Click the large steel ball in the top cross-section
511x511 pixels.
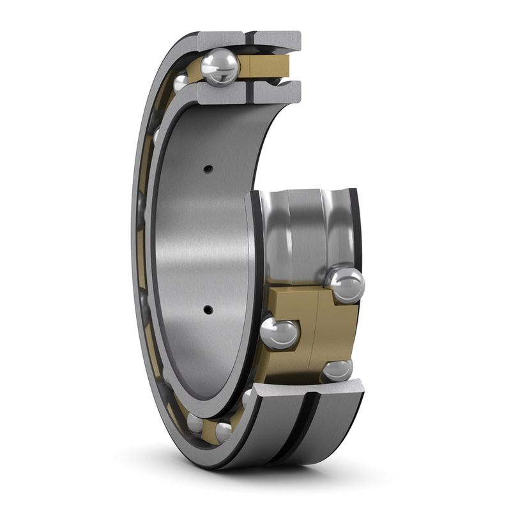[x=220, y=66]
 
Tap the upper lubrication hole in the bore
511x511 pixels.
[x=208, y=169]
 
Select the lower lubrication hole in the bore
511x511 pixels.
[x=208, y=310]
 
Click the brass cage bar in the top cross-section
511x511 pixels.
[x=264, y=66]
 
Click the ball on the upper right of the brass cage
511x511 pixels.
[x=345, y=285]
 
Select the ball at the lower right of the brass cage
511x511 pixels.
[x=337, y=370]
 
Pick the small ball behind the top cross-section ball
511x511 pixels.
[x=181, y=82]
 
